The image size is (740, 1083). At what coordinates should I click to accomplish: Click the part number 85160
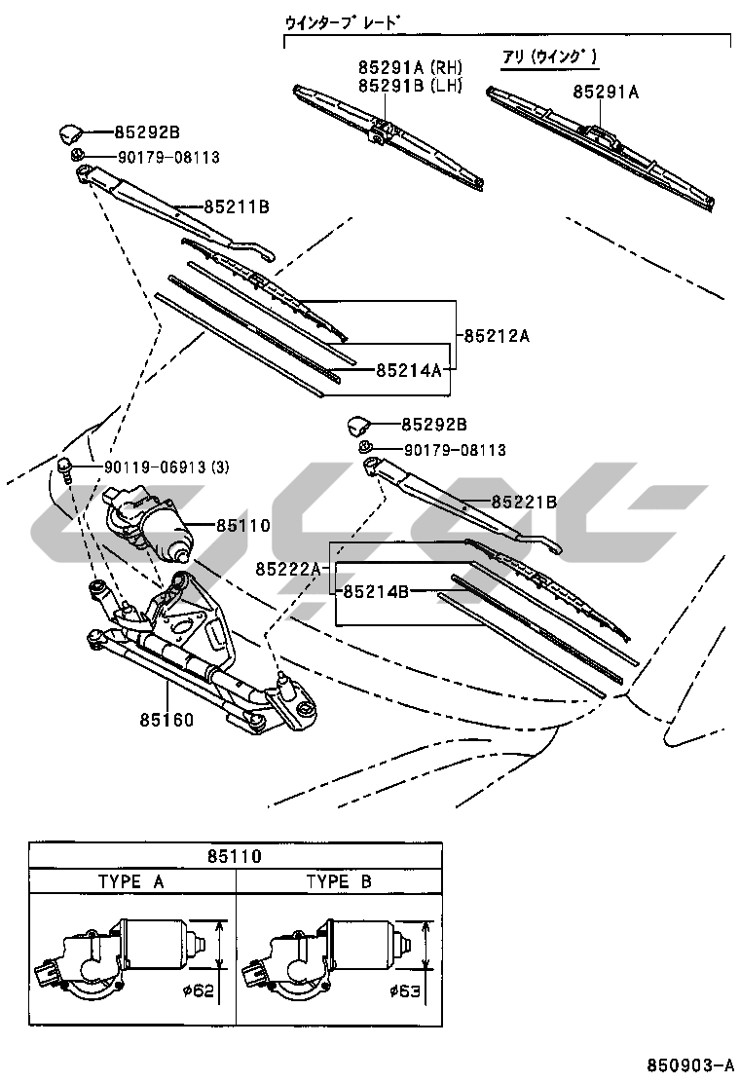pos(166,722)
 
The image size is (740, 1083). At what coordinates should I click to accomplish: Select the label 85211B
pos(237,206)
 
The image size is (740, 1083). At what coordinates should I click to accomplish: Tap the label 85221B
pos(524,502)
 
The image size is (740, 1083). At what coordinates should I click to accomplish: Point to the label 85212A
pos(497,336)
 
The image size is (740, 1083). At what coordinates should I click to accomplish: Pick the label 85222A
pos(288,568)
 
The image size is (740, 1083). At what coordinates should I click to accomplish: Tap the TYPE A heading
pos(131,881)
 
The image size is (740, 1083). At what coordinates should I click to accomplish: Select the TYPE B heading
pos(339,881)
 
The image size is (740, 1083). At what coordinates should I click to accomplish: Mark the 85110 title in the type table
pos(234,857)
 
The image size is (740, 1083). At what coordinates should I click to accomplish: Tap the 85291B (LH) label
pos(409,86)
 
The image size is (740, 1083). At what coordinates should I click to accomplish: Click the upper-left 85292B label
pos(147,131)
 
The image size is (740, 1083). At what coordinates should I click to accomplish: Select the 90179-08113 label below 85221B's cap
pos(441,450)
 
